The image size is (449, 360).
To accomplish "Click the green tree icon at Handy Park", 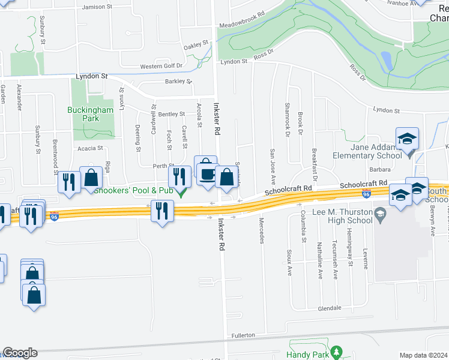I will (337, 350).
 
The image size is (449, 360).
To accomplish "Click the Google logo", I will (20, 353).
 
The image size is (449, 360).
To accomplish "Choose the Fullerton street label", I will (243, 335).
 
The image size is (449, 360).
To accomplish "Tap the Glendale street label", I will (330, 308).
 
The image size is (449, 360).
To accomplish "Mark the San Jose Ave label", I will (273, 167).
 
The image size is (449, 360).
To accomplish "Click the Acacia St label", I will (90, 148).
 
